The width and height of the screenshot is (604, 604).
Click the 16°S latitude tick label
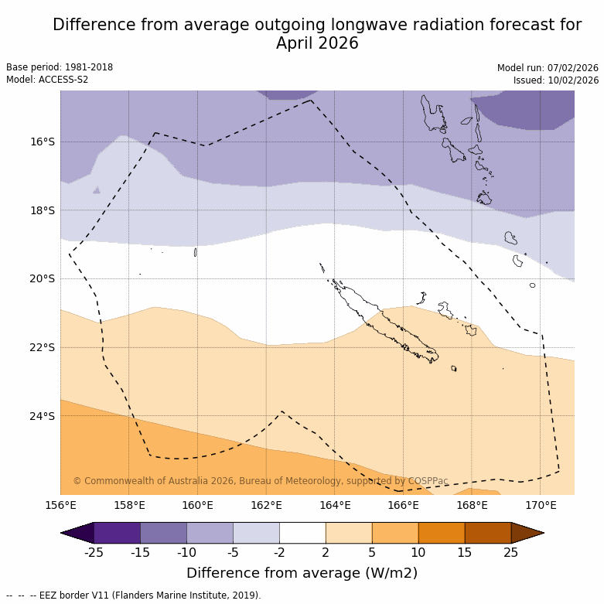pos(43,142)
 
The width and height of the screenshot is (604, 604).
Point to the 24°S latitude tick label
pos(43,416)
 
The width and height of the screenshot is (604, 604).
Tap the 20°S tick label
pos(43,278)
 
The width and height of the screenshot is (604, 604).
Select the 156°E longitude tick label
pos(60,506)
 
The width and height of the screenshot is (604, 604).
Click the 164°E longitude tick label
pos(335,506)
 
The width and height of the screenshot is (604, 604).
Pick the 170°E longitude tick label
pos(541,506)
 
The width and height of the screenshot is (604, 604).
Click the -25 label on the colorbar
pos(94,552)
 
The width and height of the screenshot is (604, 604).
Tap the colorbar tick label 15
pos(465,552)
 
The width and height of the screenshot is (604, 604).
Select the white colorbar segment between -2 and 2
pos(302,533)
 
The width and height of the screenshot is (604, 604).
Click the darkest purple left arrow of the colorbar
pos(77,533)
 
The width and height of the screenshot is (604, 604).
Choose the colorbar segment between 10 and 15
pos(442,533)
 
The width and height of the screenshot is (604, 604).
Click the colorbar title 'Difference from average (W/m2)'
pos(302,573)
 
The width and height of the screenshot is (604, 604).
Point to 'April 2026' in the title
pos(317,43)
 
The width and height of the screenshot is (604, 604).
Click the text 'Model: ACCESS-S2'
pos(47,80)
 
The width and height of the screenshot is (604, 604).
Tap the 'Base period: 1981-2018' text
pos(60,67)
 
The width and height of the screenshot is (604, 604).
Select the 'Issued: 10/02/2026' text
pos(556,80)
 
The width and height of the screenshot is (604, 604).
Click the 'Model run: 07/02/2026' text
pos(548,67)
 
